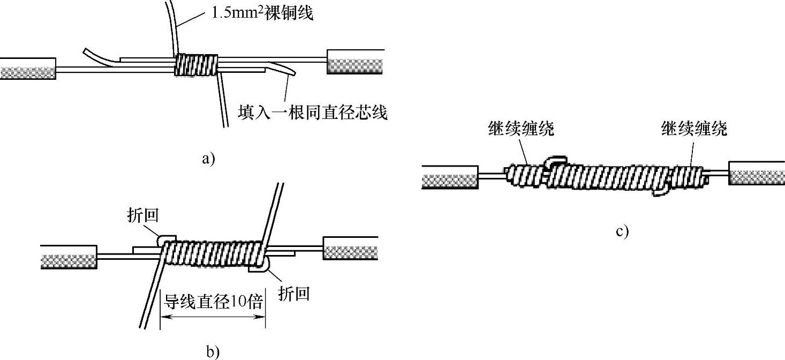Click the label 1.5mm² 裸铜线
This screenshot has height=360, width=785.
click(x=262, y=12)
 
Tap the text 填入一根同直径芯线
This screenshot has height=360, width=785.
click(x=313, y=112)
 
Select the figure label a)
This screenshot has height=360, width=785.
click(x=208, y=158)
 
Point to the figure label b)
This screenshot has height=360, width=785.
click(x=213, y=351)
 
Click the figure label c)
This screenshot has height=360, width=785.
click(x=622, y=231)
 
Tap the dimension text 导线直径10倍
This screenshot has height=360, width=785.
click(x=213, y=302)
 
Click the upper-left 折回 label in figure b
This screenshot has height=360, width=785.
click(x=143, y=215)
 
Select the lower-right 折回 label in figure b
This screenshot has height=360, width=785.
click(x=293, y=294)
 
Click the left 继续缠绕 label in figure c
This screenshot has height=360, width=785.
click(x=521, y=129)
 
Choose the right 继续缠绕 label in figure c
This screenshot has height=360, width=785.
click(x=694, y=129)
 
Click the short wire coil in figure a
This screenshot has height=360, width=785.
click(x=196, y=65)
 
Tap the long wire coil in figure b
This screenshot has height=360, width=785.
click(x=213, y=252)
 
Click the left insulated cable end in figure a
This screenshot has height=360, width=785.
click(x=28, y=69)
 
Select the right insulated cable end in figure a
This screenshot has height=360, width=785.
click(x=356, y=62)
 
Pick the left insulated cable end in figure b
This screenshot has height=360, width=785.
click(x=69, y=257)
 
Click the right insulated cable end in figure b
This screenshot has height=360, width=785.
click(x=350, y=248)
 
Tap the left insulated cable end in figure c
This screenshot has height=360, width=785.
click(x=450, y=177)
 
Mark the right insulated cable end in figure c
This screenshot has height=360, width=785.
click(x=757, y=173)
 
